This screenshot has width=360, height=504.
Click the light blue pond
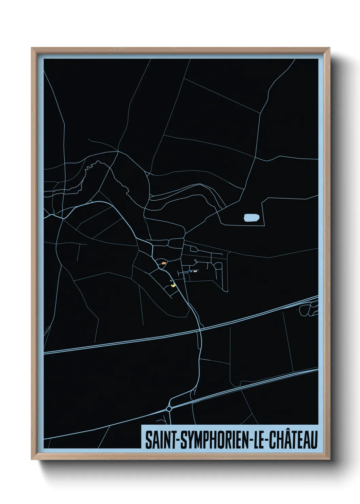click(251, 217)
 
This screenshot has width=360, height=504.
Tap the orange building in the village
click(164, 263)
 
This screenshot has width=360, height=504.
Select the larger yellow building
click(173, 285)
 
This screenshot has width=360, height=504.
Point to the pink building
click(195, 271)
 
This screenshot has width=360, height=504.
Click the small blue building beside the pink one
click(191, 271)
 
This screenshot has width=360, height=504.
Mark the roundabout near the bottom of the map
click(169, 409)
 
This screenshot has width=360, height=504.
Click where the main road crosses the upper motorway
click(200, 329)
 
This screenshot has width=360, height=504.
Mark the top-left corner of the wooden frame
click(32, 48)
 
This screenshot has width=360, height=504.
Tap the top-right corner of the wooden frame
click(330, 48)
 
